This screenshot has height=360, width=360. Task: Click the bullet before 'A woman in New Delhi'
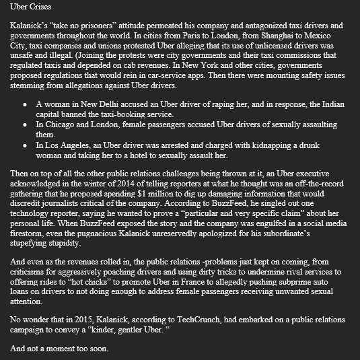25,106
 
